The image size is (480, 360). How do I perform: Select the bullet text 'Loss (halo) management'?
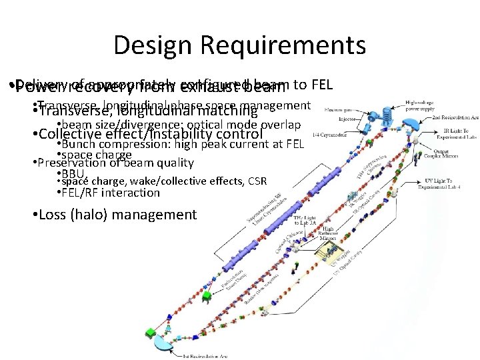(117, 215)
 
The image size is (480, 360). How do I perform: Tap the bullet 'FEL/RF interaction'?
(111, 193)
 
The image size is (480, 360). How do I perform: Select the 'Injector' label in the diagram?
(347, 120)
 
